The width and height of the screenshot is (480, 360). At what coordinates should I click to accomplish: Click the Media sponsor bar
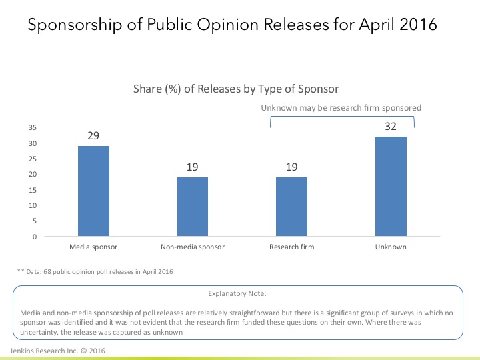point(93,191)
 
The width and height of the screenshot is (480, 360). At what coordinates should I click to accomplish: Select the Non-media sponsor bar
point(193,207)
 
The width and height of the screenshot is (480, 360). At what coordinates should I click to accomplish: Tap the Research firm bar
point(292,207)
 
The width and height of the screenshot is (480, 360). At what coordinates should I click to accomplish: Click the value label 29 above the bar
point(93,135)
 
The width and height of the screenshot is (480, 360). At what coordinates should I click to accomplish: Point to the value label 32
point(391,126)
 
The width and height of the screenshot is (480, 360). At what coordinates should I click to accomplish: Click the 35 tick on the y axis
point(33,128)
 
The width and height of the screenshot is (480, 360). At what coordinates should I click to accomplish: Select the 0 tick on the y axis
point(35,237)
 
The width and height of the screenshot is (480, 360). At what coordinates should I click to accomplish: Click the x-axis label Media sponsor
point(93,247)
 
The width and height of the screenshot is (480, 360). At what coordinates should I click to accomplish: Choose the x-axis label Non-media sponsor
point(193,247)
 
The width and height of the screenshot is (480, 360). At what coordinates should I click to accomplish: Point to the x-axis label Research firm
point(292,247)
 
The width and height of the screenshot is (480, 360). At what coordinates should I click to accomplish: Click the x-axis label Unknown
point(391,247)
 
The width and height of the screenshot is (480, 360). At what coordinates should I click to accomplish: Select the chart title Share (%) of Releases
point(237,89)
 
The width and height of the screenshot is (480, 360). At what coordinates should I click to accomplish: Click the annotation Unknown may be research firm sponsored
point(341,107)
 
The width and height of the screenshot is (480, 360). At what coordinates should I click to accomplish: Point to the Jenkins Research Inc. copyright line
point(57,351)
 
